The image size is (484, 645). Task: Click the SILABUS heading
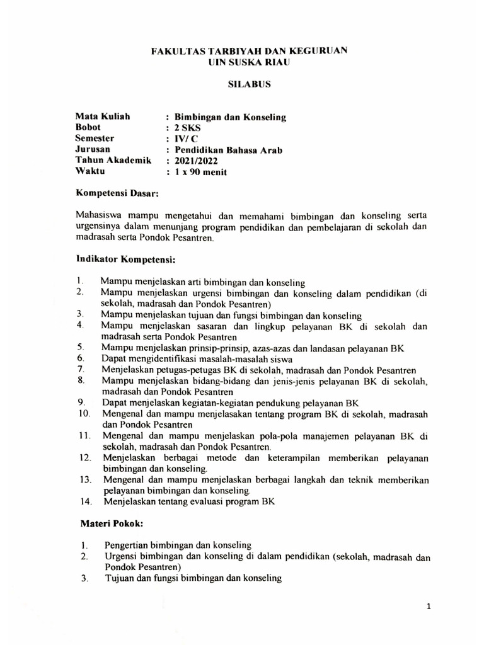pyautogui.click(x=241, y=83)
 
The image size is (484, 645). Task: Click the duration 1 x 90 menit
pyautogui.click(x=200, y=172)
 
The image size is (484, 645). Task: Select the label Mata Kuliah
pyautogui.click(x=102, y=116)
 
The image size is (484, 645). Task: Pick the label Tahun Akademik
pyautogui.click(x=113, y=161)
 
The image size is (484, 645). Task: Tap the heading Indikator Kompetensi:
pyautogui.click(x=125, y=259)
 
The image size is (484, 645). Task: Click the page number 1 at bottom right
pyautogui.click(x=429, y=607)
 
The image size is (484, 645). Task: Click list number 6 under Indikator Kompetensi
pyautogui.click(x=81, y=358)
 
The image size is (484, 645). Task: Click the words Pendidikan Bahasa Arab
pyautogui.click(x=228, y=149)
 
